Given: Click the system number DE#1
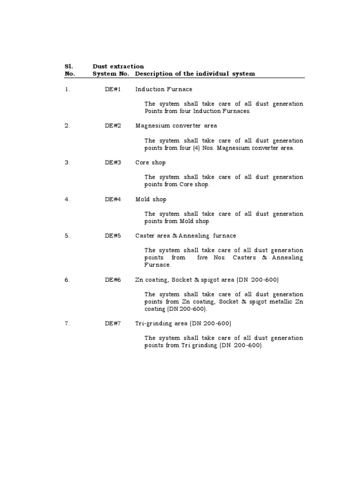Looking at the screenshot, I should tap(113, 89).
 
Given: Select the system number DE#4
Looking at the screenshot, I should tap(113, 199).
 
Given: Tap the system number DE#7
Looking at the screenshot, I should tap(113, 323).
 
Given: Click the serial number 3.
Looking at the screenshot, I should tap(67, 163).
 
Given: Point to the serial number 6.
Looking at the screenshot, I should tap(67, 280).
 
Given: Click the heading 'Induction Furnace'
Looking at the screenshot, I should tap(164, 89).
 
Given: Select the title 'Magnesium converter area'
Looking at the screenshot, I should tap(176, 126).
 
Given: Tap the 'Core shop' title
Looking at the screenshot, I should tap(150, 163).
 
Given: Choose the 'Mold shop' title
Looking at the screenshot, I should tap(151, 199).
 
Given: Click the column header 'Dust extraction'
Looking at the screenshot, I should tap(118, 67).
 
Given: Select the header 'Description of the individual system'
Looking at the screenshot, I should tap(195, 74).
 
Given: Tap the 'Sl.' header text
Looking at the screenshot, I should tap(66, 67).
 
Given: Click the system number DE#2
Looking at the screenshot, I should tap(113, 126).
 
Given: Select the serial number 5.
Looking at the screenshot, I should tap(67, 236).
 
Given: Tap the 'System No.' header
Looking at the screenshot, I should tap(111, 74).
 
